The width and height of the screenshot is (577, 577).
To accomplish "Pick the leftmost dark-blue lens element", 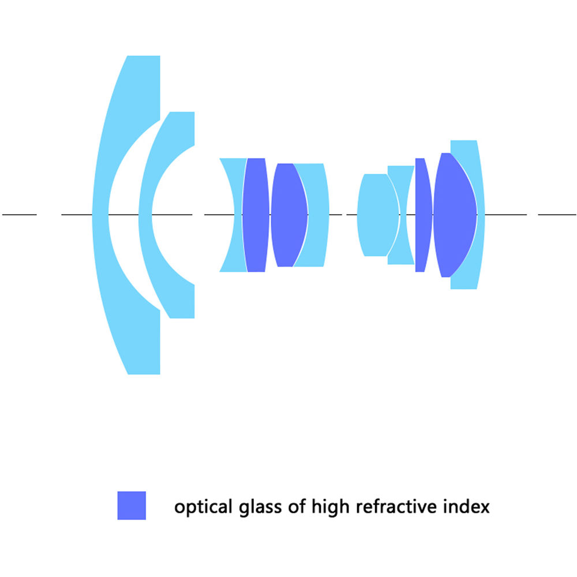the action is tap(256, 215).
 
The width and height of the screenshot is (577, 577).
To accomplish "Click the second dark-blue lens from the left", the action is tap(289, 215).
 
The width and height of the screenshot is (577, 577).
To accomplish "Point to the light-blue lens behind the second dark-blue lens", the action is tap(316, 215).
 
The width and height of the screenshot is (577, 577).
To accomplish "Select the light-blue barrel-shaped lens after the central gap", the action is tap(377, 215).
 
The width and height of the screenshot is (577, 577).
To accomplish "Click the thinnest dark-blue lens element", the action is tap(423, 215).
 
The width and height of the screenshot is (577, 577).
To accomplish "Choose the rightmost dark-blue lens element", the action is tap(455, 215).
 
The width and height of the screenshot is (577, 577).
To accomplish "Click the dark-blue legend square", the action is tap(132, 505).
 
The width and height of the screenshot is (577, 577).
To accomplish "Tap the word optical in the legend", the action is tap(203, 507).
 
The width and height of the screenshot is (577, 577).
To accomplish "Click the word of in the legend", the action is tap(297, 507).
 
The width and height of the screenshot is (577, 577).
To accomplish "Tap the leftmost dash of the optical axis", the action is tap(20, 214).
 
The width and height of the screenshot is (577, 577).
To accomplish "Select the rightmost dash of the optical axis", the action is tap(557, 214).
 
